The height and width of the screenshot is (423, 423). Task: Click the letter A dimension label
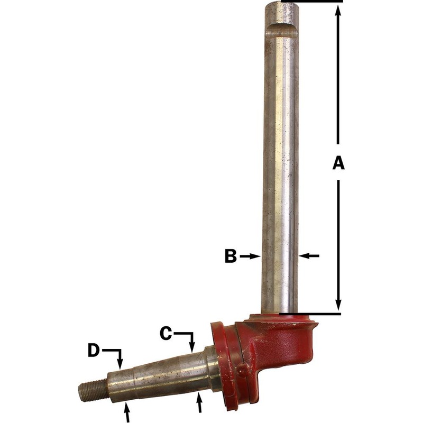338,163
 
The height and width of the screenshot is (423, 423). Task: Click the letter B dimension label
230,256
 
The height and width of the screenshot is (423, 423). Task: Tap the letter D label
94,350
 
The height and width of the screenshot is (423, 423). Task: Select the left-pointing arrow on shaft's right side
310,256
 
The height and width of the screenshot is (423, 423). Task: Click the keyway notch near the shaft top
281,30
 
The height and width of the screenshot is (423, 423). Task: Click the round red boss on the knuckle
242,371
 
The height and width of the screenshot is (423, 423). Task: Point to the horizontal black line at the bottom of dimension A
312,314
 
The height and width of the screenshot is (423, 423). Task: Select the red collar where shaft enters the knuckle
280,320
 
